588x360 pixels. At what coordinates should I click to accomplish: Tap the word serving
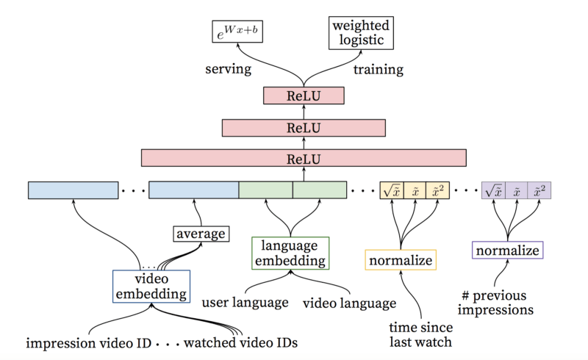(x=228, y=71)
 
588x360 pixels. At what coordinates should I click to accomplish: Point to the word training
(x=379, y=71)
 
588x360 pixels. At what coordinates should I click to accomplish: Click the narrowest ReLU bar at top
(x=304, y=96)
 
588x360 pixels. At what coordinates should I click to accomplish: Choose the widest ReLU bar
(x=304, y=158)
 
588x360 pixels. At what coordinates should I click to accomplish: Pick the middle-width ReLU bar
(x=304, y=127)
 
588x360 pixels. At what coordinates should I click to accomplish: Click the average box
(x=199, y=234)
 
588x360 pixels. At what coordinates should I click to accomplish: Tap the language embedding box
(x=290, y=252)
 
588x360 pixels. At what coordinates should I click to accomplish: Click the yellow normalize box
(x=400, y=260)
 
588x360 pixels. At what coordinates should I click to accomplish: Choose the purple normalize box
(x=507, y=251)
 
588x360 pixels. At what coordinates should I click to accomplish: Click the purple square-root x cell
(x=492, y=190)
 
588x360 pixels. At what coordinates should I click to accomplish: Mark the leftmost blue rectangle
(x=73, y=190)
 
